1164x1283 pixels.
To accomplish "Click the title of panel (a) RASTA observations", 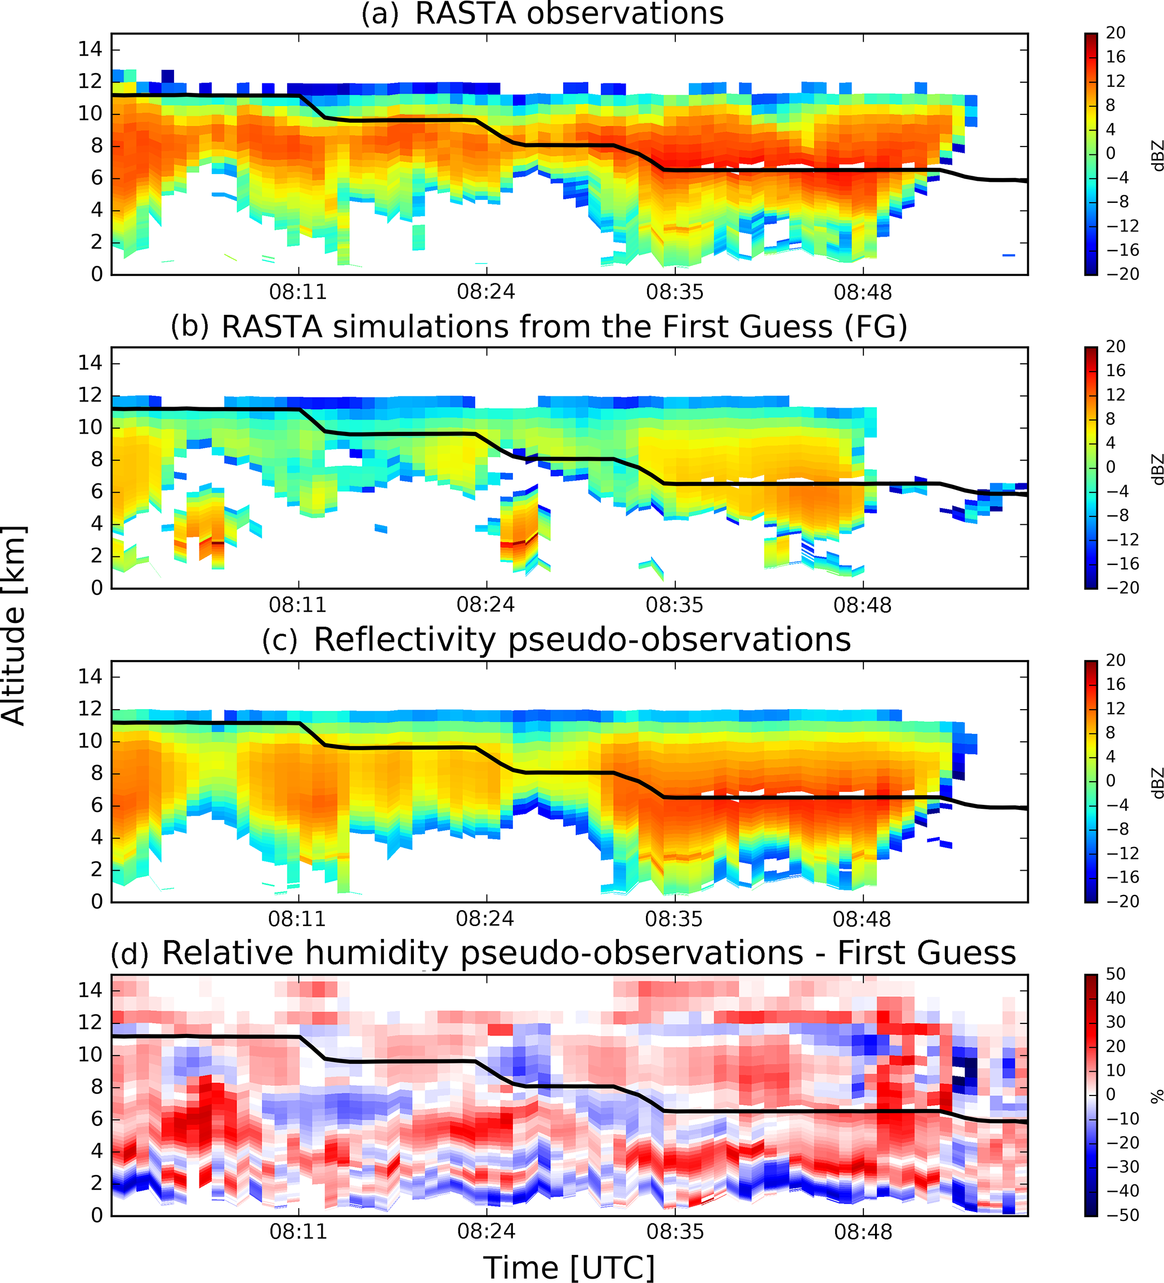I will (542, 14).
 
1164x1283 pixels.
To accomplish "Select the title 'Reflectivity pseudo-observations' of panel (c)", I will (582, 640).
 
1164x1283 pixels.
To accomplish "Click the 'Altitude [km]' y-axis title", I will (14, 626).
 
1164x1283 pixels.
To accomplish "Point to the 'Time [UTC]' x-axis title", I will (569, 1267).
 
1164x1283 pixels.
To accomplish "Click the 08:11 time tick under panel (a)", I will (298, 292).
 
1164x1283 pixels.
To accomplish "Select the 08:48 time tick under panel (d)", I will (863, 1231).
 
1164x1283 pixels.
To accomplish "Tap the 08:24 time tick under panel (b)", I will (485, 604).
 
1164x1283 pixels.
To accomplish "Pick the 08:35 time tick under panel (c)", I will (674, 919).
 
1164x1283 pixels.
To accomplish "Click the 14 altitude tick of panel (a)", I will (90, 49).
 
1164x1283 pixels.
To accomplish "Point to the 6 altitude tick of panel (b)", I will (96, 491).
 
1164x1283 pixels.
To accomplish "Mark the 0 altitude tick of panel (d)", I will (96, 1215).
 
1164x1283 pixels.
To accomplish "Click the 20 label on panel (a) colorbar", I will (1115, 33).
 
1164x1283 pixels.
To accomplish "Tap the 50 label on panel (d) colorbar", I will (1115, 974).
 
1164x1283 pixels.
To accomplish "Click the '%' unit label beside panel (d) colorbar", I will (1156, 1095).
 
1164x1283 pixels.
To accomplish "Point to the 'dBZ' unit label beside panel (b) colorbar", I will (1156, 469).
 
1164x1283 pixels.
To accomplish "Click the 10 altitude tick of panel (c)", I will (90, 741).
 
